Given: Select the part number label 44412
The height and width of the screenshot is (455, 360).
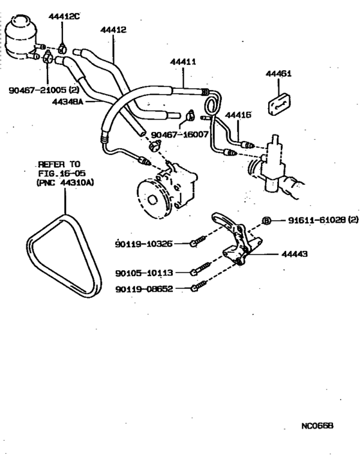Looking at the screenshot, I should pos(113,30).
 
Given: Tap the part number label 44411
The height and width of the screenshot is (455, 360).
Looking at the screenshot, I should pos(183,62).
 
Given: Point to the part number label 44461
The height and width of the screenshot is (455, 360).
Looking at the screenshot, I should pos(278,74).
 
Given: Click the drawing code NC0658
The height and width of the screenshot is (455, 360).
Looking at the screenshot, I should pos(317,426).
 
